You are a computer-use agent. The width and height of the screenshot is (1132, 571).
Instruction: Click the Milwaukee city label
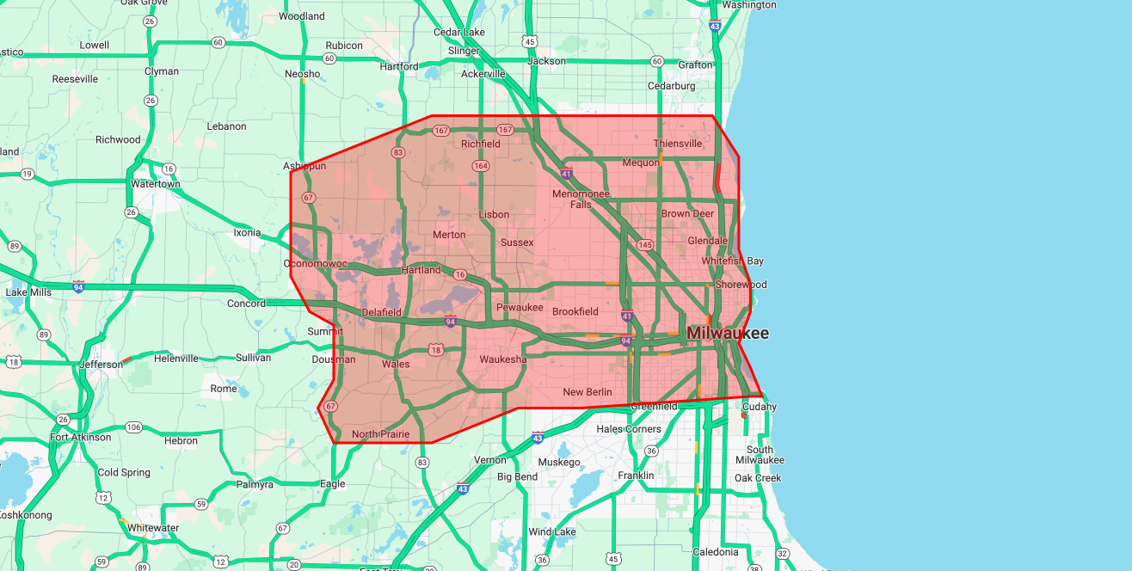[727, 333]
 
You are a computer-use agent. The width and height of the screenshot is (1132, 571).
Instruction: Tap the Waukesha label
[503, 359]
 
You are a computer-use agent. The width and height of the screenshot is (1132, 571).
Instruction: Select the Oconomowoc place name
[316, 263]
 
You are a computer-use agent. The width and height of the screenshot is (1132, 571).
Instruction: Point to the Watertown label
[156, 184]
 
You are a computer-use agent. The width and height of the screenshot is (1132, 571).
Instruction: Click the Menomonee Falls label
[581, 199]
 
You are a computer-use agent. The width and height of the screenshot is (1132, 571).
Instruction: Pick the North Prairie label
[381, 434]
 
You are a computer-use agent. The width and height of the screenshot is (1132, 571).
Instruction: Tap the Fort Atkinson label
[81, 437]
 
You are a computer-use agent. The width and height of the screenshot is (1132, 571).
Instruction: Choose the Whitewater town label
[153, 528]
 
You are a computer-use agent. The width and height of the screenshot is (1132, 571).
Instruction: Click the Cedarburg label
[671, 86]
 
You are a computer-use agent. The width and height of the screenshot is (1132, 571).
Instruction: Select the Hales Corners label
[629, 429]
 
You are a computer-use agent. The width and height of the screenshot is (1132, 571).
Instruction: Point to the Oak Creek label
[758, 478]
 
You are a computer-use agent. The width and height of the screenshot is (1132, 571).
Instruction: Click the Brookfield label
[575, 311]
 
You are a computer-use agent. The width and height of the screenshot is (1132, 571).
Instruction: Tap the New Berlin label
[588, 392]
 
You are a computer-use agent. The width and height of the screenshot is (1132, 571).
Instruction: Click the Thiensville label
[678, 144]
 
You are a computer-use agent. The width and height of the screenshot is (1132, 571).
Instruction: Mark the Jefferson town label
[101, 365]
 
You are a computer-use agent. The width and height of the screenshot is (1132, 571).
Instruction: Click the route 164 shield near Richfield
[480, 165]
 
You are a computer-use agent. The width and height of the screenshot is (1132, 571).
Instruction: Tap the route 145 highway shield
[645, 245]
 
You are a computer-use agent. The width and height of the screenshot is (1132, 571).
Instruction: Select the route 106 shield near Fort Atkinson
[133, 427]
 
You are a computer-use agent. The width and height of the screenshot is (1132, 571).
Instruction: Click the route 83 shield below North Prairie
[422, 463]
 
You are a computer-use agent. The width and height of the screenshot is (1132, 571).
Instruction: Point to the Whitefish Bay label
[733, 261]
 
